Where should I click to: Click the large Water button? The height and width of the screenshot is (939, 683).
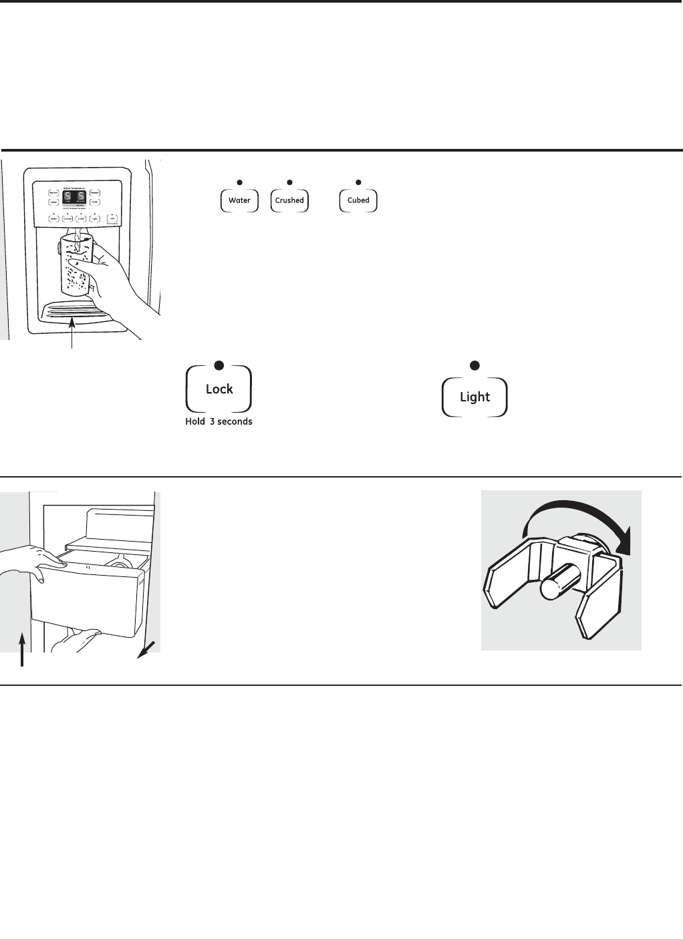click(x=239, y=200)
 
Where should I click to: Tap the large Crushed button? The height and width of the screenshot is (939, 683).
click(x=289, y=200)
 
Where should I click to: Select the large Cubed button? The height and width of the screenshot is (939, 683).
click(x=358, y=200)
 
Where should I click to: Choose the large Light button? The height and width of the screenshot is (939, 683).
click(x=474, y=397)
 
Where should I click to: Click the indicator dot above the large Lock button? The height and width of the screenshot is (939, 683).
click(x=218, y=365)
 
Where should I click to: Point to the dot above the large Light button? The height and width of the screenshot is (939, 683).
click(x=474, y=365)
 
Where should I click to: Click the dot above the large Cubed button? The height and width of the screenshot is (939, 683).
click(x=358, y=182)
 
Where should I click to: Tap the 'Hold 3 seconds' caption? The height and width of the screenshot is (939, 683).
click(x=219, y=422)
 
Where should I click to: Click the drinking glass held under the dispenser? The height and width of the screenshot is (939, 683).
click(x=75, y=264)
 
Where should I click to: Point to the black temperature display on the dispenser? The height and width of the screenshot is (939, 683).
click(x=73, y=197)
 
